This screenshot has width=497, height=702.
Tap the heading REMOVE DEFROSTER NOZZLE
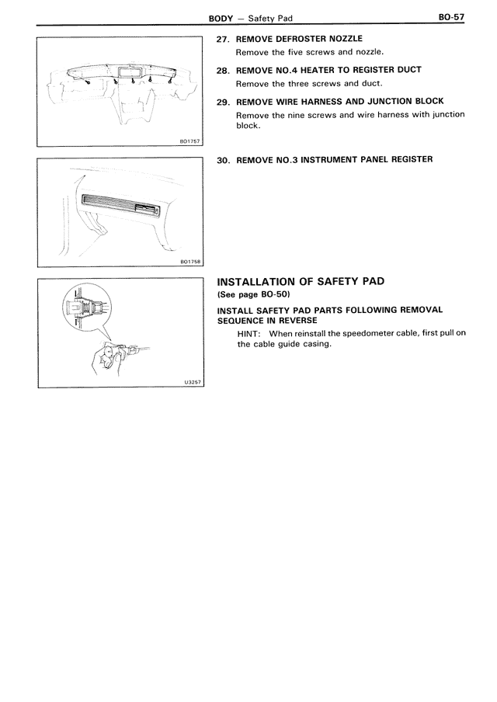click(x=299, y=39)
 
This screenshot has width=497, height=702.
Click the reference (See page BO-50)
click(x=252, y=294)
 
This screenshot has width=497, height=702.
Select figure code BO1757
click(x=189, y=141)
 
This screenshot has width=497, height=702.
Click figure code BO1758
click(x=189, y=262)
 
